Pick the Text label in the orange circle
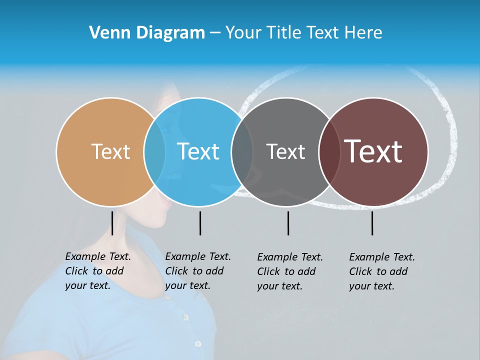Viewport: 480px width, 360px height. (110, 151)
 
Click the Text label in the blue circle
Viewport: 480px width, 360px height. (198, 151)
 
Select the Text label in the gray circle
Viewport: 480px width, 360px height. (285, 151)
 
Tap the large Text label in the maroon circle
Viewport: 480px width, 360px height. (373, 151)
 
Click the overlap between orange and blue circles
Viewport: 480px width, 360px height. (154, 151)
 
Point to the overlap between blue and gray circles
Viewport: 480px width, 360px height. (242, 151)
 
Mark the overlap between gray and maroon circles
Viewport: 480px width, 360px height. (329, 151)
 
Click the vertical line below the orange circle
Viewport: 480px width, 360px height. (112, 223)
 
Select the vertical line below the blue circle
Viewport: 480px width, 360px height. (200, 223)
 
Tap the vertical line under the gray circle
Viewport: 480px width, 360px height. (288, 223)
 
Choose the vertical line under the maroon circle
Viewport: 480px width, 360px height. (372, 223)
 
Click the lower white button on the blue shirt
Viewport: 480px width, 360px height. (198, 344)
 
